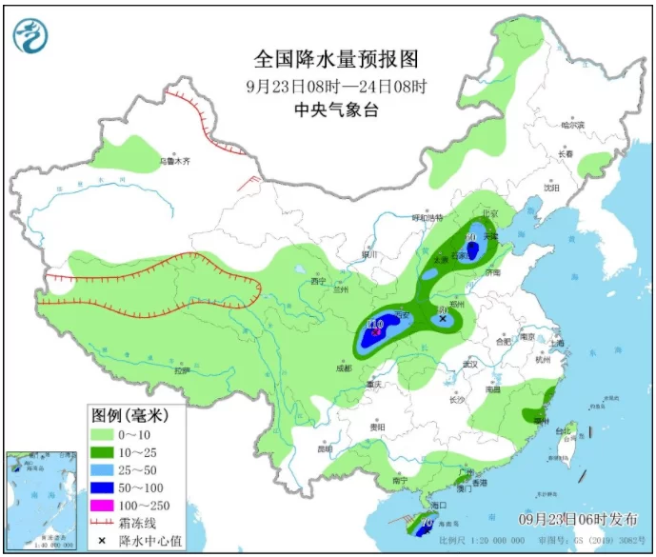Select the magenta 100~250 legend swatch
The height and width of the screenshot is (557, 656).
[104, 504]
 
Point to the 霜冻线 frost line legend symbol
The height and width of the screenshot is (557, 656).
[104, 522]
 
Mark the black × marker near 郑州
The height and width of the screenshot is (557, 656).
[443, 319]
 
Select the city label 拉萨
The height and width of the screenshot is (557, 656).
[181, 369]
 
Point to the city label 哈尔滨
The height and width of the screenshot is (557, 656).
[572, 125]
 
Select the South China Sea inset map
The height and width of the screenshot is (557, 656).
[41, 500]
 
